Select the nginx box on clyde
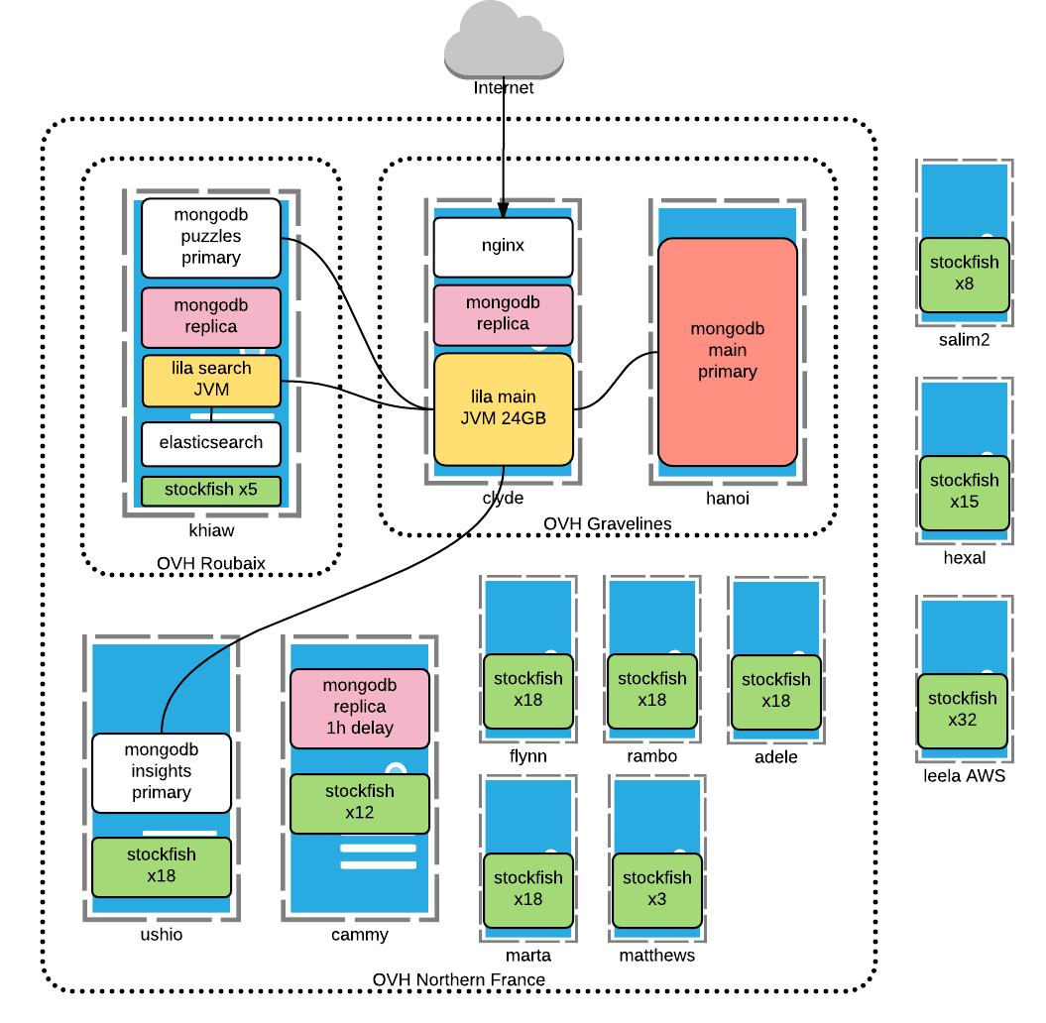504,246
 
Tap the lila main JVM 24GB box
504,408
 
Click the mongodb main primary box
728,351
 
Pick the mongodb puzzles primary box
210,237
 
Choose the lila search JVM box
210,379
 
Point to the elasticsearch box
210,443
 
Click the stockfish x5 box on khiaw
210,490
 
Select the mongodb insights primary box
161,772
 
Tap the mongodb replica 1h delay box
359,708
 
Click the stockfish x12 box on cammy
359,802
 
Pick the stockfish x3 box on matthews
656,888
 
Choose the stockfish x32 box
962,710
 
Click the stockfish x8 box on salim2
964,274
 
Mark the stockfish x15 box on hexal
964,492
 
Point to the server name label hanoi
726,499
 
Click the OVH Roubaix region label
211,564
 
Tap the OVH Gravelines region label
607,523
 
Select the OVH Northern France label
458,980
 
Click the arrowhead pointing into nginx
504,210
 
